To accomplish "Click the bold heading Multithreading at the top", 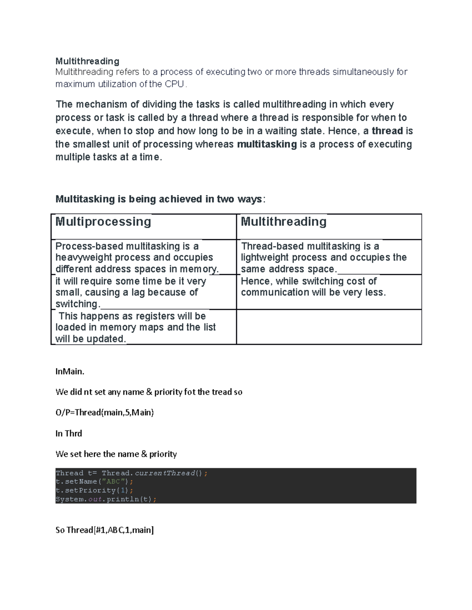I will pyautogui.click(x=87, y=61).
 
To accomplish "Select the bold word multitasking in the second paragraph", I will pyautogui.click(x=267, y=144).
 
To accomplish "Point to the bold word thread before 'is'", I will pyautogui.click(x=387, y=131).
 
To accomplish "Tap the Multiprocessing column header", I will pyautogui.click(x=103, y=222).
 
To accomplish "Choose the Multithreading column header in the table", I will pyautogui.click(x=283, y=222).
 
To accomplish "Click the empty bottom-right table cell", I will pyautogui.click(x=329, y=327).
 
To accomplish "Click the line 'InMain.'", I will pyautogui.click(x=70, y=372).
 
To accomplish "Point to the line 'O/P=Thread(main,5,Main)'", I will pyautogui.click(x=105, y=412).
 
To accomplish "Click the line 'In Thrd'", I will pyautogui.click(x=69, y=434).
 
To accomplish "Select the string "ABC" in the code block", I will pyautogui.click(x=113, y=482).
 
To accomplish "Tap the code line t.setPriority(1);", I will pyautogui.click(x=94, y=491).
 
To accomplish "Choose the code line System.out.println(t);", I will pyautogui.click(x=106, y=500).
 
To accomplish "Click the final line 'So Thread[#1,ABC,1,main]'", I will pyautogui.click(x=105, y=530).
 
